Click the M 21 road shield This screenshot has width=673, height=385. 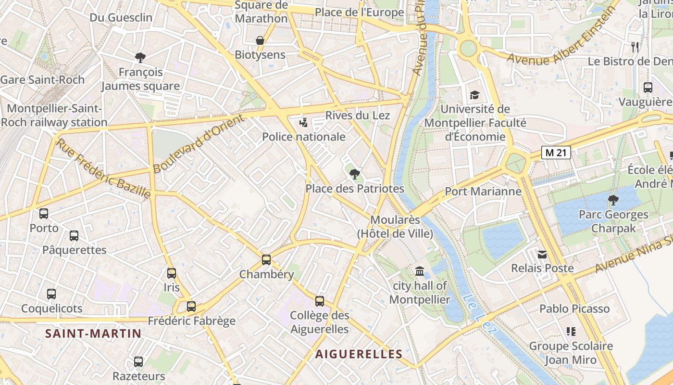point(556,153)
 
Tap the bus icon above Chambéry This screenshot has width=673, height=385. point(266,260)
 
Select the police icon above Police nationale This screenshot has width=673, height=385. point(303,123)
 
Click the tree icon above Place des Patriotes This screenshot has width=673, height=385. point(355,174)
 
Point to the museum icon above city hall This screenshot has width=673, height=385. point(420,271)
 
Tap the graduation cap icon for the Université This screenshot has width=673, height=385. point(474,95)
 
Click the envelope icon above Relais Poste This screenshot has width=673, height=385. point(542,254)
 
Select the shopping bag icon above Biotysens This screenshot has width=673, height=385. point(260,40)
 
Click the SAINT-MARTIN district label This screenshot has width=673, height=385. point(93,334)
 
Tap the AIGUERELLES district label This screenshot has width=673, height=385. point(359,354)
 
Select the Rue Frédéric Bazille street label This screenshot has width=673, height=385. point(103,168)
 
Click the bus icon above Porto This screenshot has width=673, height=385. point(44,213)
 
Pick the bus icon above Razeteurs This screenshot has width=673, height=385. point(138,361)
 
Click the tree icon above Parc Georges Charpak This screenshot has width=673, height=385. point(613,200)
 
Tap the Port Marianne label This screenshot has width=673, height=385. point(483,192)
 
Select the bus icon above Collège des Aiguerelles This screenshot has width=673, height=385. point(320,301)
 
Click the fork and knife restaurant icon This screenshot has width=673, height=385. point(636,47)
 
